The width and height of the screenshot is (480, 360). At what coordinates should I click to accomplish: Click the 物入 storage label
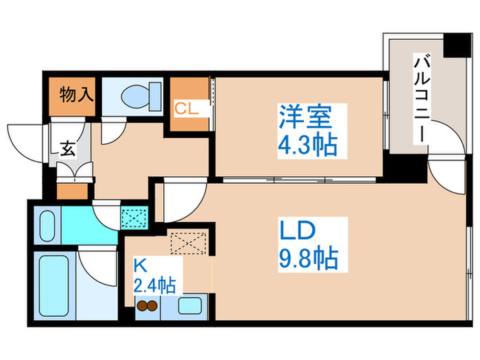76,95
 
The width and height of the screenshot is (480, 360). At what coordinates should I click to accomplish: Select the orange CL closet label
186,108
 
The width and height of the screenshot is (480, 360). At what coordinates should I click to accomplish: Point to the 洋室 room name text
305,117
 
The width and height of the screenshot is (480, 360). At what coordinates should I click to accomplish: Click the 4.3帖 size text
308,145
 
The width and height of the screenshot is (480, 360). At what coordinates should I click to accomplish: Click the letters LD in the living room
297,230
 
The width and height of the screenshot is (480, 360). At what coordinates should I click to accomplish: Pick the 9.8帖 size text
309,258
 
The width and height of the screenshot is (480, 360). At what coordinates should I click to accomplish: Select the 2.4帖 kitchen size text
154,286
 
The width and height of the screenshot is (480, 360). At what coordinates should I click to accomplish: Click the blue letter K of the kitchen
141,266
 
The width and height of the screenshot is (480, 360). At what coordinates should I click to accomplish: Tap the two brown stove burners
147,306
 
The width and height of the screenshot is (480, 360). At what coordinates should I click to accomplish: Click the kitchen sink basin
189,306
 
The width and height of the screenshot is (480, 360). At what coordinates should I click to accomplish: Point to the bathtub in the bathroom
54,286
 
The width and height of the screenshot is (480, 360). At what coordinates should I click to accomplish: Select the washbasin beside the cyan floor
47,226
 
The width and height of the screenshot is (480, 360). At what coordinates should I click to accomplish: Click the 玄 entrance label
67,149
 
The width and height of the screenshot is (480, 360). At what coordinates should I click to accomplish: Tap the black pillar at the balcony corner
457,45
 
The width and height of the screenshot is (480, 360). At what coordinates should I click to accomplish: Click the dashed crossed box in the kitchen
188,243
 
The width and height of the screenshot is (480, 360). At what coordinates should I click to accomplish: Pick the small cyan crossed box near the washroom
134,217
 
